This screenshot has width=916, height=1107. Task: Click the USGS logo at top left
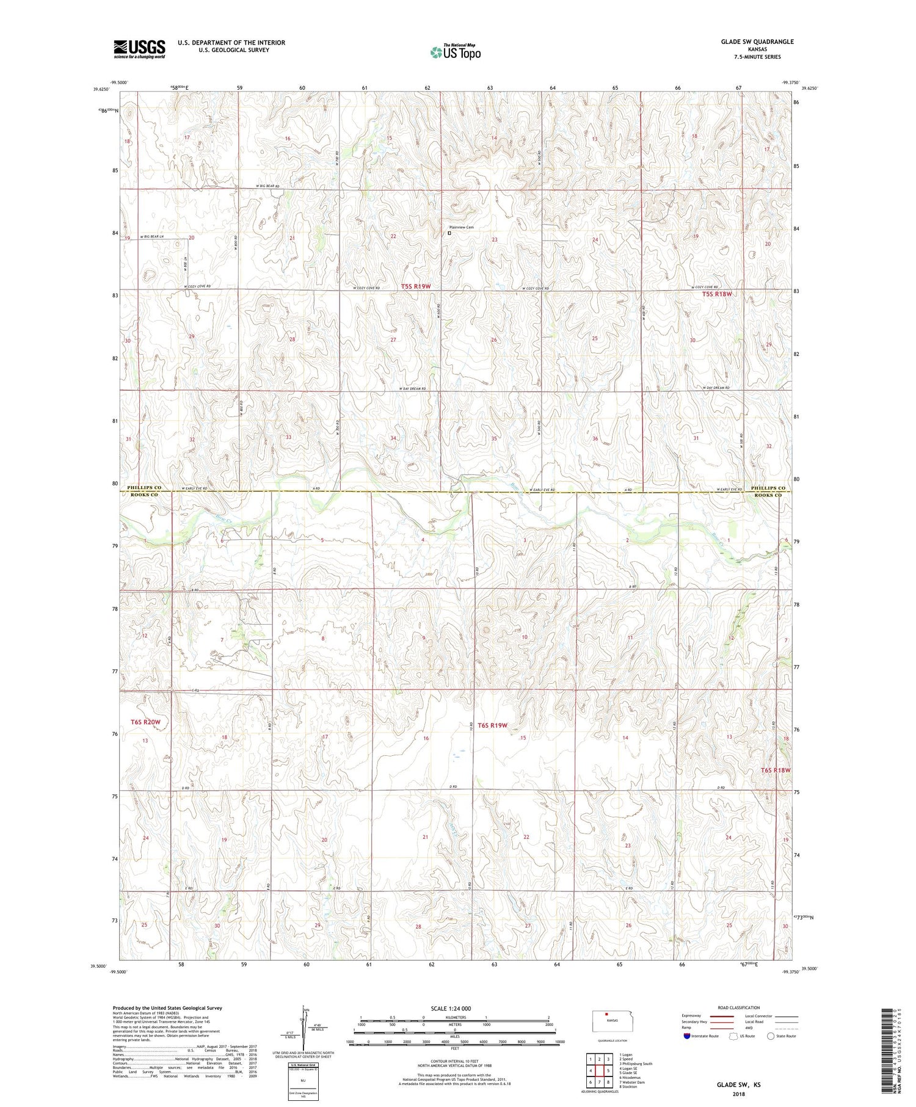tap(139, 49)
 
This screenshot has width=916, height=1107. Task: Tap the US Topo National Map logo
tap(455, 52)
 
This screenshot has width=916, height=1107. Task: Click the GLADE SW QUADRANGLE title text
tap(757, 42)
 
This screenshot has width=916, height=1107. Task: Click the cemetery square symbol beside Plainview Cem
tap(449, 233)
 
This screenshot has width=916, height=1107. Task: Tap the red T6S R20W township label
tap(145, 722)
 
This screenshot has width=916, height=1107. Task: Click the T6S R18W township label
tap(776, 770)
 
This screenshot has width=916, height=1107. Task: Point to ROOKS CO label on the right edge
tap(768, 495)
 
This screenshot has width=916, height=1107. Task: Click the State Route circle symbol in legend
tap(771, 1036)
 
